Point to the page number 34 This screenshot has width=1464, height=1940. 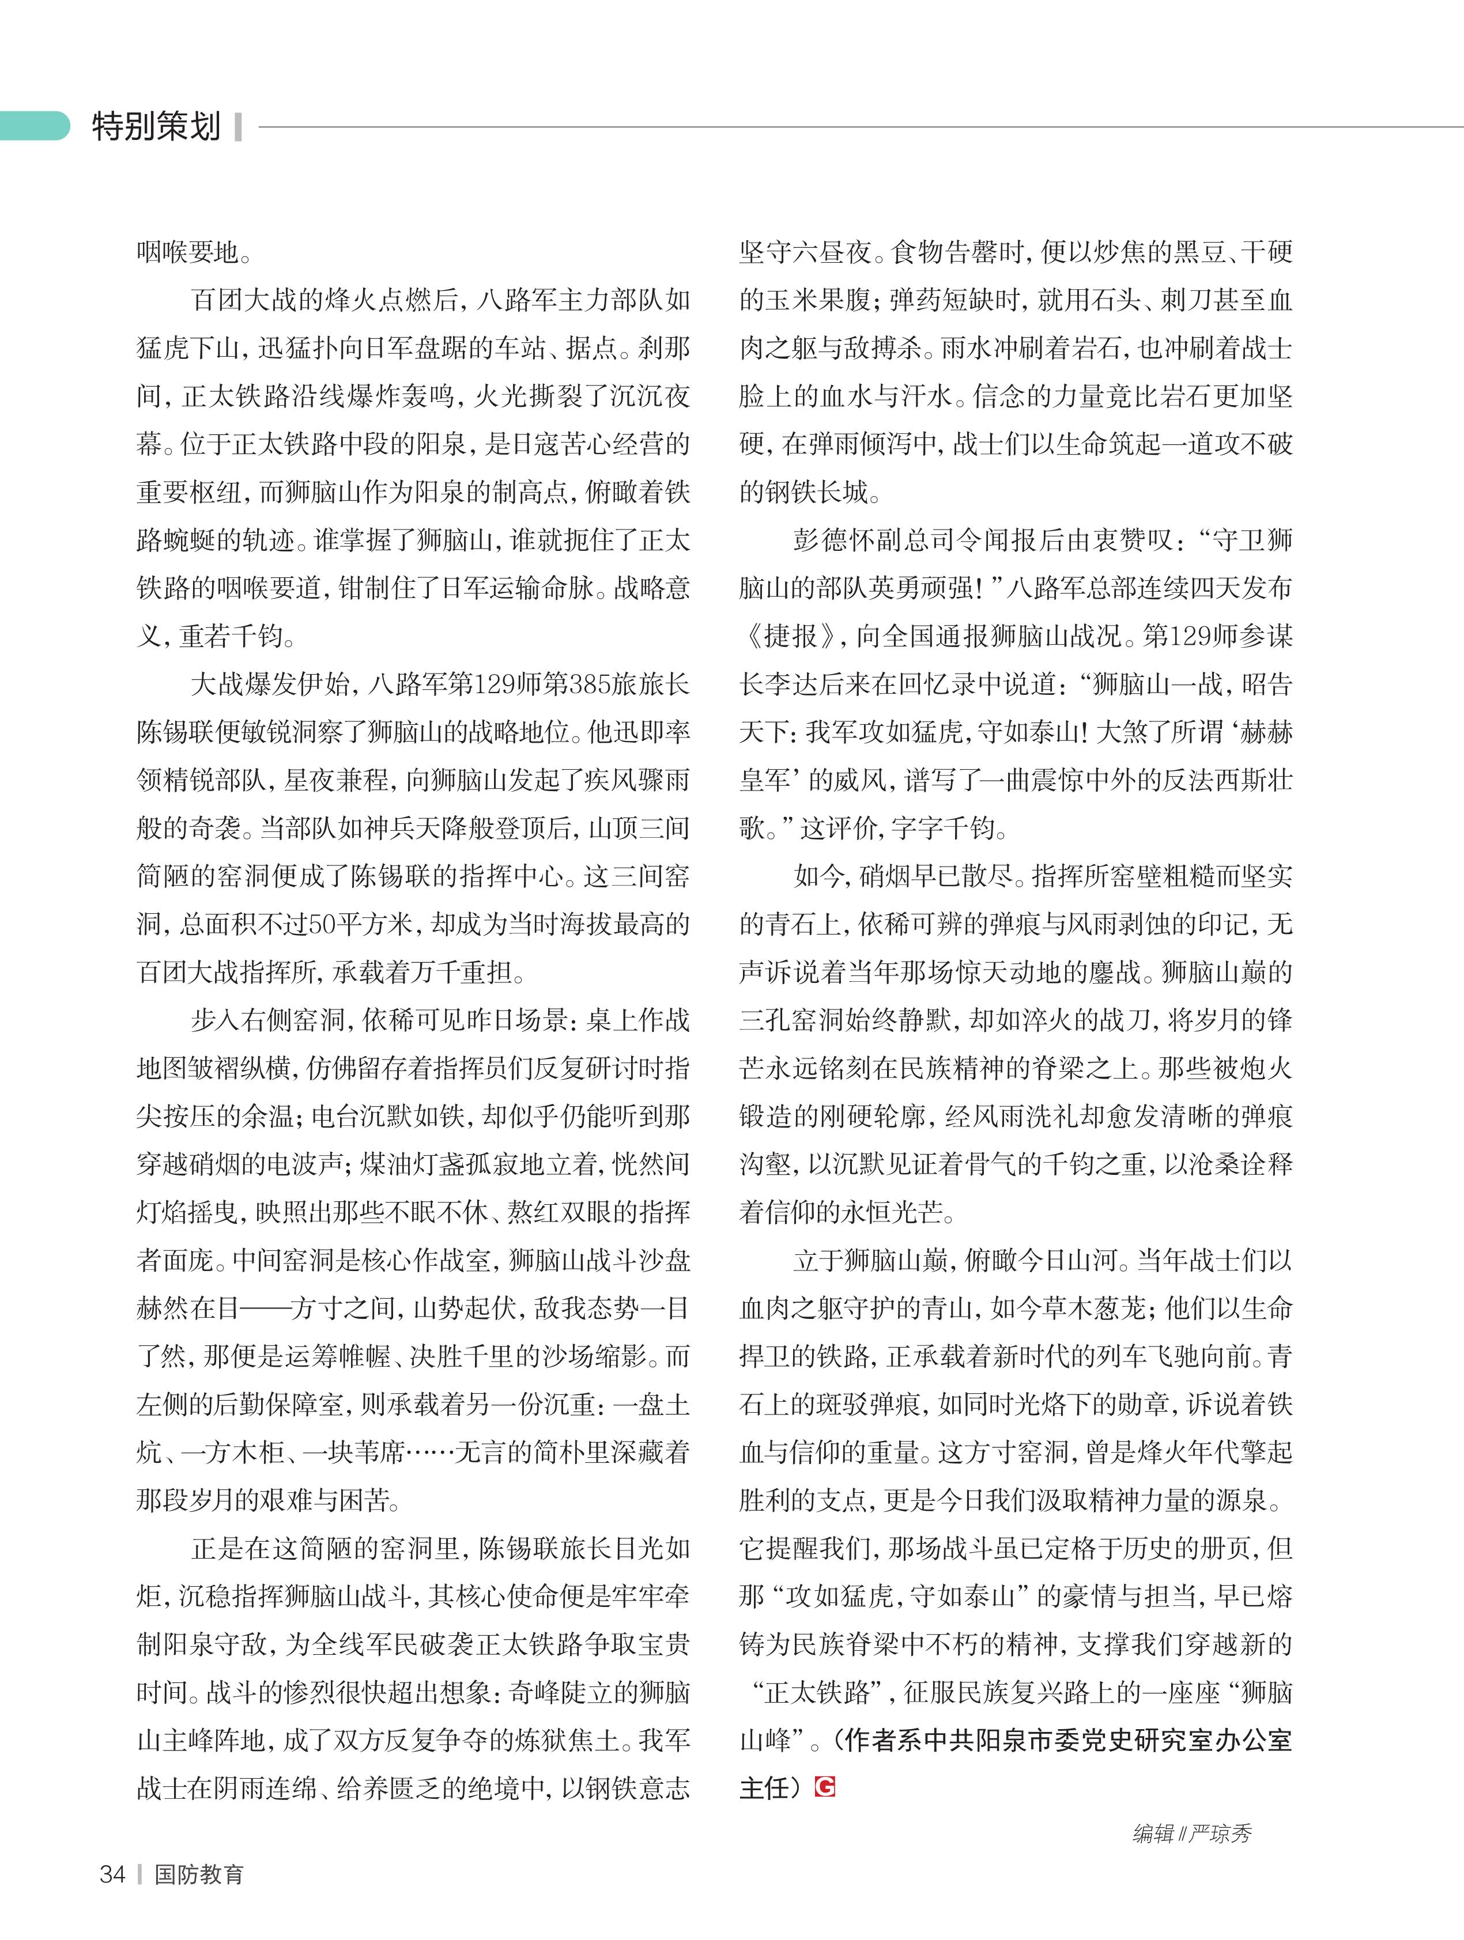coord(112,1874)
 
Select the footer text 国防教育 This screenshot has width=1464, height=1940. coord(199,1874)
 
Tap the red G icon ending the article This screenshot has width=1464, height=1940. coord(825,1787)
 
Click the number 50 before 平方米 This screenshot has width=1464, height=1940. coord(322,924)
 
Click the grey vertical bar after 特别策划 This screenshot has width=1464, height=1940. coord(237,127)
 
